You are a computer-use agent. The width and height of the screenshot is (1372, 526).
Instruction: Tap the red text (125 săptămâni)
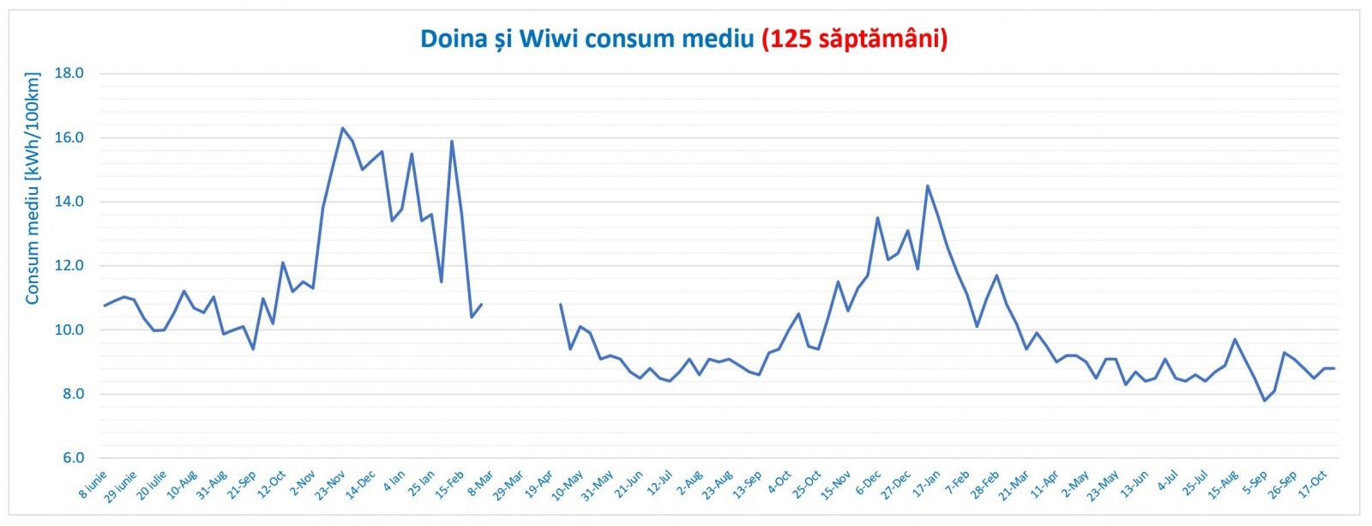pos(854,39)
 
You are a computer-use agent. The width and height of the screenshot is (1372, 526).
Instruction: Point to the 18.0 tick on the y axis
pos(69,73)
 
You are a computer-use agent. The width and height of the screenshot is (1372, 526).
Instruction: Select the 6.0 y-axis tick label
pos(69,458)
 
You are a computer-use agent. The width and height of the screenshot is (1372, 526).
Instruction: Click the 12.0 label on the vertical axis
pos(69,266)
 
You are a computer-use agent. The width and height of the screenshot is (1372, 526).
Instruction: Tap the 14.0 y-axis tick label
pos(69,202)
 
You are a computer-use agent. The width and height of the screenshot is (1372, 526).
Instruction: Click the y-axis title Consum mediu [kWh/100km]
pos(33,189)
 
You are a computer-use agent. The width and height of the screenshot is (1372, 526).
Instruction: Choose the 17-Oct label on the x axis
pos(1310,486)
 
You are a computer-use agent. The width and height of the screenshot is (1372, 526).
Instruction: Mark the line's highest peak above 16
pos(342,128)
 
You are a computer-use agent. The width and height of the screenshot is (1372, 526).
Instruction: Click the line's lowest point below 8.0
pos(1264,401)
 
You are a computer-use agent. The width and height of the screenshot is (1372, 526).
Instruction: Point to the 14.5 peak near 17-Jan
pos(927,185)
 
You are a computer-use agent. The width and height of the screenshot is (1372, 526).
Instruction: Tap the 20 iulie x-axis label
pos(152,486)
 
